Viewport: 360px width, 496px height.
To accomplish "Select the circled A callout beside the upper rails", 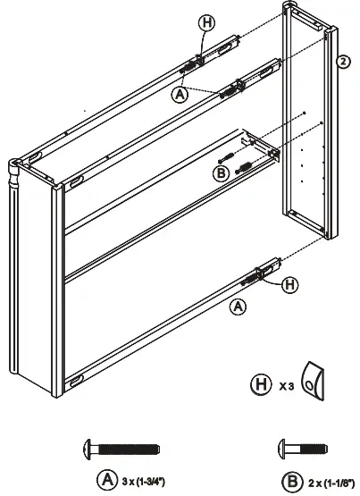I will pyautogui.click(x=180, y=92).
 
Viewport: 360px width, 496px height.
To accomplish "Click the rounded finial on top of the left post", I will pyautogui.click(x=15, y=165).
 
